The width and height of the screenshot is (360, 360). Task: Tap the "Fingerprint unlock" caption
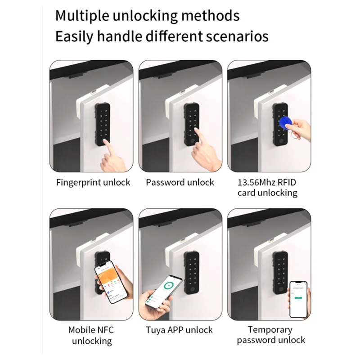pos(93,182)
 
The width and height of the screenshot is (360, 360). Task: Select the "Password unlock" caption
pos(180,182)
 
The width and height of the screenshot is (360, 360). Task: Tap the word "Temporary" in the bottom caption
pos(270,329)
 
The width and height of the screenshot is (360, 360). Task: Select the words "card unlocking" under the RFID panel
pos(267,193)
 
